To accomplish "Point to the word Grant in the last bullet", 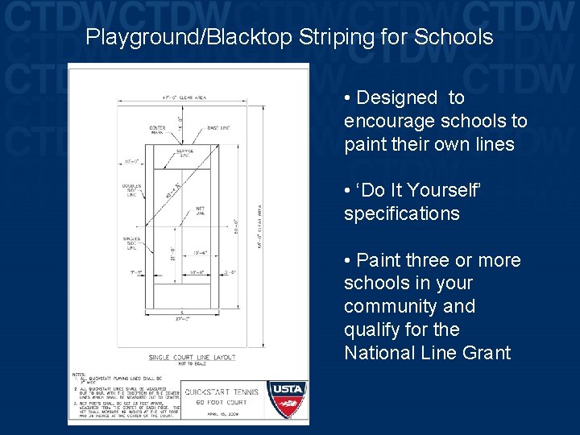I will click(x=485, y=353).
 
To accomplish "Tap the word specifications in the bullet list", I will click(x=401, y=214).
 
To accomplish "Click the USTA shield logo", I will click(x=286, y=398).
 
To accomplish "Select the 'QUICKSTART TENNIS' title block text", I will click(x=222, y=392).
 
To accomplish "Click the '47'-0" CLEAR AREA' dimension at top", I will click(x=184, y=97).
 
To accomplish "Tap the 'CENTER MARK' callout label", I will click(x=157, y=129).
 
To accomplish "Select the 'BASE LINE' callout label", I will click(x=218, y=128).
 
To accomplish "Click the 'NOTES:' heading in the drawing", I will click(x=78, y=375).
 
